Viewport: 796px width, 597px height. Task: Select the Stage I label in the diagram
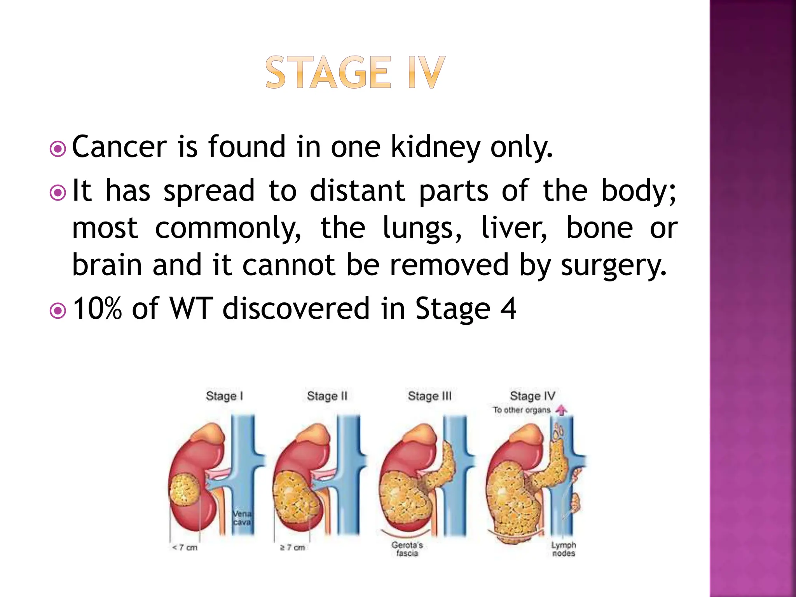tap(224, 396)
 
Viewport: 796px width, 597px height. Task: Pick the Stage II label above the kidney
tap(327, 396)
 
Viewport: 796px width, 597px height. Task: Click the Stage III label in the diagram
tap(429, 396)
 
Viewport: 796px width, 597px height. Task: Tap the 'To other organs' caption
tap(522, 410)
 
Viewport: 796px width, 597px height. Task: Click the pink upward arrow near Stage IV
tap(561, 410)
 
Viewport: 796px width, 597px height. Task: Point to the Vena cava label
tap(242, 518)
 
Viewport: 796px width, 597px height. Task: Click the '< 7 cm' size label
tap(185, 548)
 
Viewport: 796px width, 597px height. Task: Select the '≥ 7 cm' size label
tap(292, 548)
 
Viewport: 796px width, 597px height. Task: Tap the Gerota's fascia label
tap(407, 549)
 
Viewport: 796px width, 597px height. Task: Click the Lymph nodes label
tap(563, 549)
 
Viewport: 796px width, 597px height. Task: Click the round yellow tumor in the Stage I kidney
tap(185, 490)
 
